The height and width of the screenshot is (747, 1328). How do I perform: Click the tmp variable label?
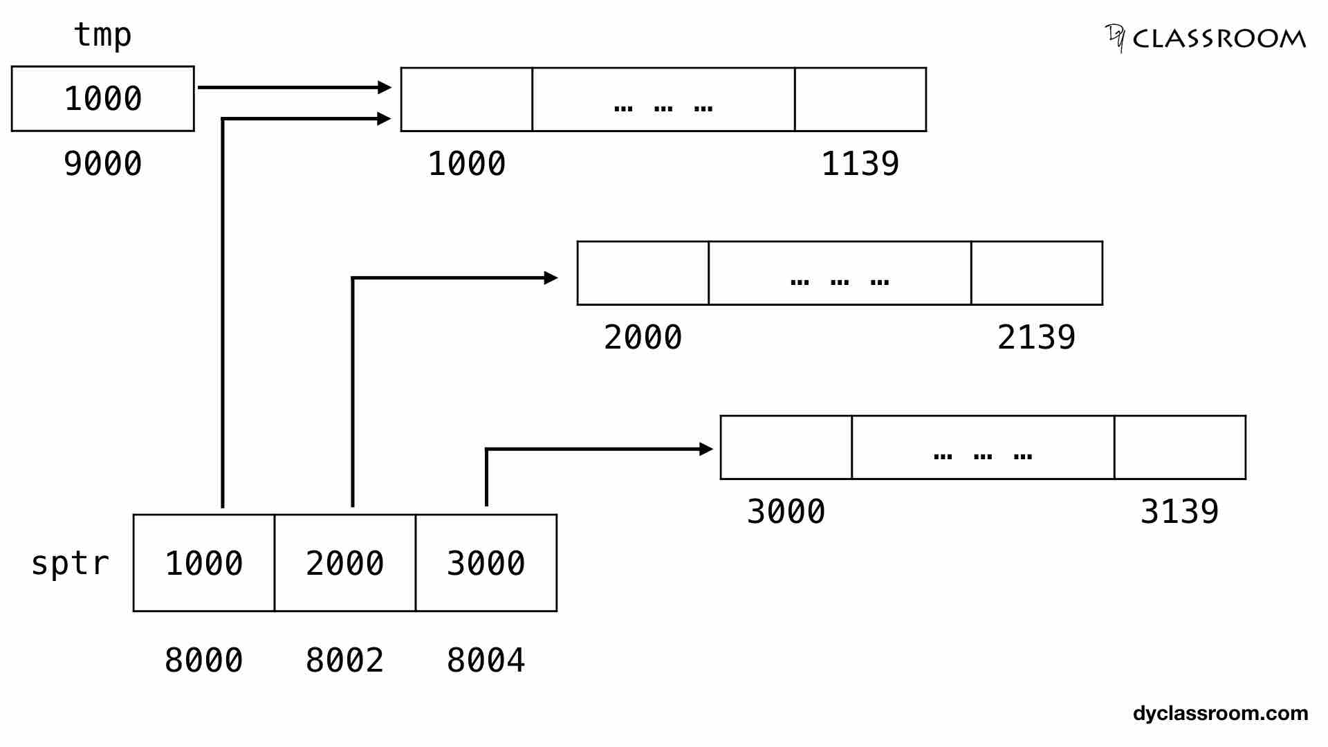click(x=102, y=35)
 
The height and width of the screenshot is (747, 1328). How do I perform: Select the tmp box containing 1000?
click(x=103, y=98)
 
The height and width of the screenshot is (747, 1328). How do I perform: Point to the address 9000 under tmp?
click(x=103, y=164)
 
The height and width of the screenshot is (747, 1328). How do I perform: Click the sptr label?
click(x=71, y=563)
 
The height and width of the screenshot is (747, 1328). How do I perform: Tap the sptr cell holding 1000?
click(x=204, y=563)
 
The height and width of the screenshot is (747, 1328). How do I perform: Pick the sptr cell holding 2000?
click(x=345, y=563)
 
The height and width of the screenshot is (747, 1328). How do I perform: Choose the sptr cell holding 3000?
click(x=486, y=563)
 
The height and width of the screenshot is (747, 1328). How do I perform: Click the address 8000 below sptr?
click(x=204, y=661)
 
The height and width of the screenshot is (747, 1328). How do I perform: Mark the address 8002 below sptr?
click(x=345, y=661)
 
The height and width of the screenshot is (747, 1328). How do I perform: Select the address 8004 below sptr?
click(x=486, y=661)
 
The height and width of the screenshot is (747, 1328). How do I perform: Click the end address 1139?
click(x=860, y=164)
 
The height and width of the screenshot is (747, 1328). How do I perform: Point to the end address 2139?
click(x=1037, y=338)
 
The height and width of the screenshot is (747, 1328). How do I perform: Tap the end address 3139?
click(x=1180, y=512)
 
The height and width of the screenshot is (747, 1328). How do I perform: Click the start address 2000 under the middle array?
click(x=643, y=338)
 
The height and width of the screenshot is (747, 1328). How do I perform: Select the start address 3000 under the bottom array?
click(x=786, y=512)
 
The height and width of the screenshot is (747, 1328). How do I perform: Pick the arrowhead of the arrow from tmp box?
click(x=385, y=87)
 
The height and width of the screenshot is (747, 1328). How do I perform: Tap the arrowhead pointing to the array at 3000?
click(x=706, y=449)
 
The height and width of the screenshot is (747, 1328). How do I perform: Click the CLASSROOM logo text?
click(x=1219, y=39)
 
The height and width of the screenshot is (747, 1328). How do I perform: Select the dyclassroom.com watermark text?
click(x=1220, y=713)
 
